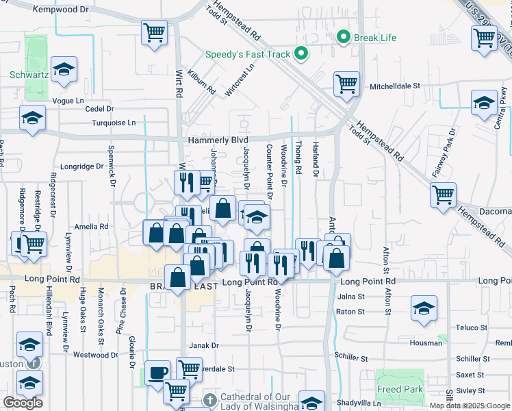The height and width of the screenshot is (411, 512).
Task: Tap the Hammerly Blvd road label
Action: click(x=218, y=140)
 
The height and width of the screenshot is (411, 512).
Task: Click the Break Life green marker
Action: click(x=344, y=37)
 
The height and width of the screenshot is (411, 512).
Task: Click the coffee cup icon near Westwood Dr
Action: click(x=158, y=372)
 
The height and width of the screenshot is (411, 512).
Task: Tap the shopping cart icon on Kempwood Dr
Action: click(x=155, y=32)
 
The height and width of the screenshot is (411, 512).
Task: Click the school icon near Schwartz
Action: click(x=64, y=68)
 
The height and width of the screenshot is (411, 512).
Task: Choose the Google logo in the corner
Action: click(x=23, y=403)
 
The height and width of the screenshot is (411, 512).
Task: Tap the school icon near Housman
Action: click(x=424, y=307)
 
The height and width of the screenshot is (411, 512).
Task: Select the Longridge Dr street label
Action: click(x=81, y=166)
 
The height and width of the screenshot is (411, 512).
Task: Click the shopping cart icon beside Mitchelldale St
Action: click(x=346, y=84)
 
